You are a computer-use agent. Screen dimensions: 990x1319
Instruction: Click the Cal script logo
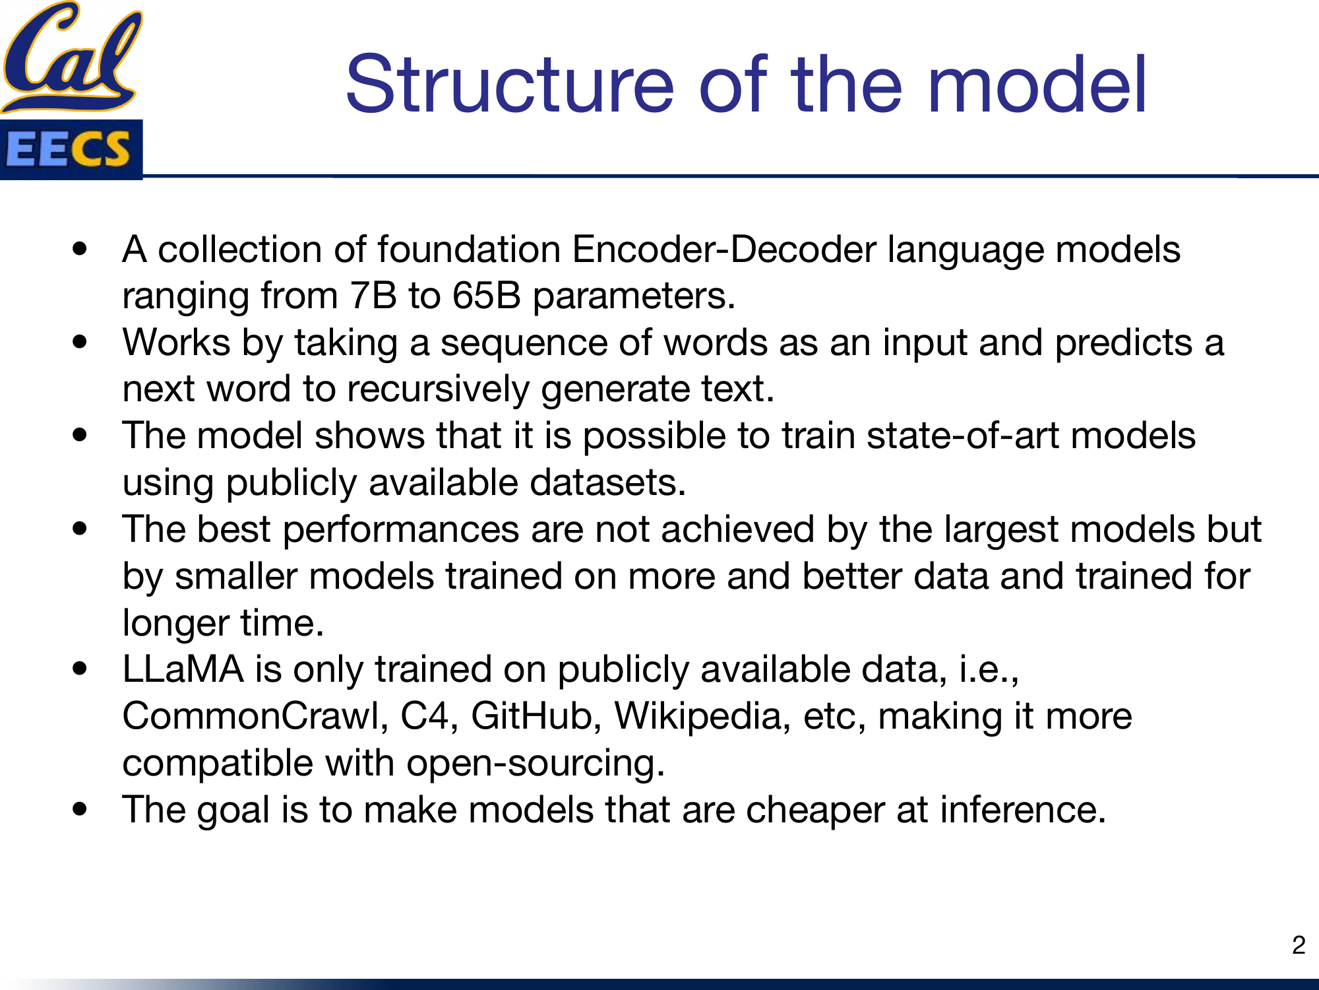(x=71, y=56)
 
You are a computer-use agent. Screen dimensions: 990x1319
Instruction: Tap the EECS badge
(x=71, y=149)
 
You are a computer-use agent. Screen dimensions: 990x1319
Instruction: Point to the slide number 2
(x=1299, y=945)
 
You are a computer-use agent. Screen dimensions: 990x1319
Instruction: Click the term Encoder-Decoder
(x=723, y=249)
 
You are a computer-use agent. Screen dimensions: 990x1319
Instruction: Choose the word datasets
(x=607, y=482)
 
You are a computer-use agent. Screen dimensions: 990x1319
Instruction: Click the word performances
(x=400, y=529)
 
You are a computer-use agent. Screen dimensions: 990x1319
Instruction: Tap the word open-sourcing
(x=535, y=763)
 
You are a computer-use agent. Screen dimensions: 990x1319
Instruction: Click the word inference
(x=1022, y=810)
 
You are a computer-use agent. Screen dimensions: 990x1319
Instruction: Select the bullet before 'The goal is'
(x=80, y=810)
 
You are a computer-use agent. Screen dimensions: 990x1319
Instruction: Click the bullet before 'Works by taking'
(x=80, y=343)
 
